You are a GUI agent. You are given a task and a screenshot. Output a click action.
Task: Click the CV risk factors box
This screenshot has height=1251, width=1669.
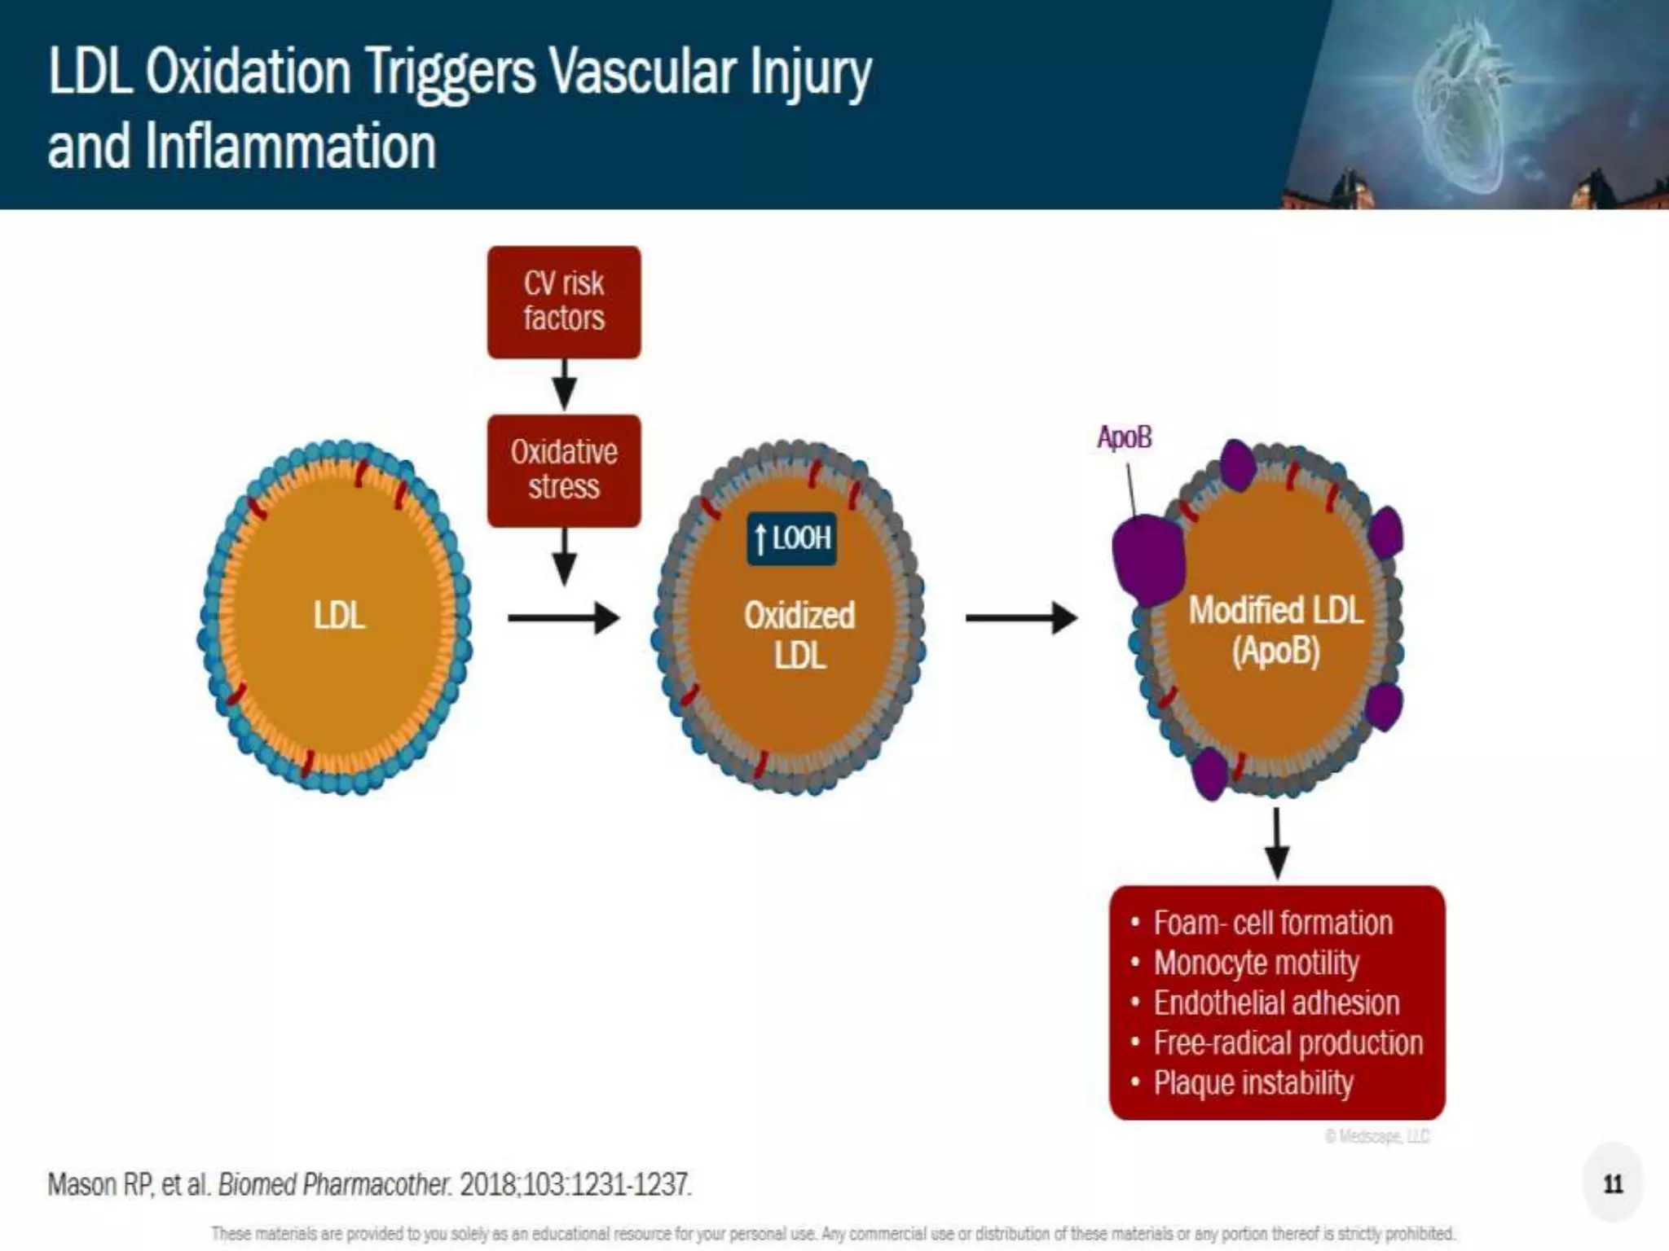point(564,301)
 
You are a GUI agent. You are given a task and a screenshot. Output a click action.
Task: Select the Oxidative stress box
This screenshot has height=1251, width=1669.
point(564,470)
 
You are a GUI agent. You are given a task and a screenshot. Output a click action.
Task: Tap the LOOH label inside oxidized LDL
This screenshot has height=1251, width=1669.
point(791,538)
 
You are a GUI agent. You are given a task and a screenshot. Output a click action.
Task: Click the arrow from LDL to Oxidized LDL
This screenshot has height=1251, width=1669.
point(563,618)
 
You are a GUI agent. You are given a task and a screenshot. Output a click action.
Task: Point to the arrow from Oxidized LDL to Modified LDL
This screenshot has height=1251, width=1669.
point(1021,618)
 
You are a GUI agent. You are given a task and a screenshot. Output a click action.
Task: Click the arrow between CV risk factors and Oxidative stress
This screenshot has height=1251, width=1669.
point(564,385)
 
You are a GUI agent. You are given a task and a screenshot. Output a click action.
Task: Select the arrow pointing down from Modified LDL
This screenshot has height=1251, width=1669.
point(1276,842)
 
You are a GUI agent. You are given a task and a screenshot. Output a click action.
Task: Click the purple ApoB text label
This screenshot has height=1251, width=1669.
point(1125,437)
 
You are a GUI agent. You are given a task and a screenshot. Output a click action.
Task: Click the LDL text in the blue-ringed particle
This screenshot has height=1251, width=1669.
point(339,615)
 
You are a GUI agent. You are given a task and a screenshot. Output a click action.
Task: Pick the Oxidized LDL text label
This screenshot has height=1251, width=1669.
point(799,635)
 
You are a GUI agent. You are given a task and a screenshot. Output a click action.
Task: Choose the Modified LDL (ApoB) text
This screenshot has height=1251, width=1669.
point(1275,630)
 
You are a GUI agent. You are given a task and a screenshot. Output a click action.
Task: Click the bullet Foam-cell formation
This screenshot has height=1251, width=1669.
point(1272,923)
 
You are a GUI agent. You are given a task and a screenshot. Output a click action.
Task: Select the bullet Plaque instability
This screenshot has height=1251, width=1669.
point(1253,1082)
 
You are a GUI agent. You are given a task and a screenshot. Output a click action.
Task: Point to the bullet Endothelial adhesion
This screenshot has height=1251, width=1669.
point(1275,1003)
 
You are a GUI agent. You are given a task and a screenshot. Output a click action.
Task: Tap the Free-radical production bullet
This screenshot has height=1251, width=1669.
point(1288,1042)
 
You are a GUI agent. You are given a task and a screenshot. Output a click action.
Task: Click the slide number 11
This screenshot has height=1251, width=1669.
point(1613,1183)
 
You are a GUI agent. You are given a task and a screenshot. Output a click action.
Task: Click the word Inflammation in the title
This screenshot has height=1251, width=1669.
point(290,147)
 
